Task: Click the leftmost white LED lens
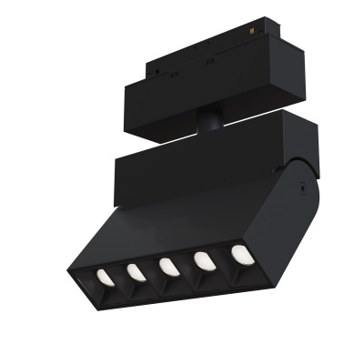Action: pyautogui.click(x=103, y=275)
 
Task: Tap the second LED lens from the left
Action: pyautogui.click(x=136, y=271)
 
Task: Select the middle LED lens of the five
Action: pyautogui.click(x=168, y=267)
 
